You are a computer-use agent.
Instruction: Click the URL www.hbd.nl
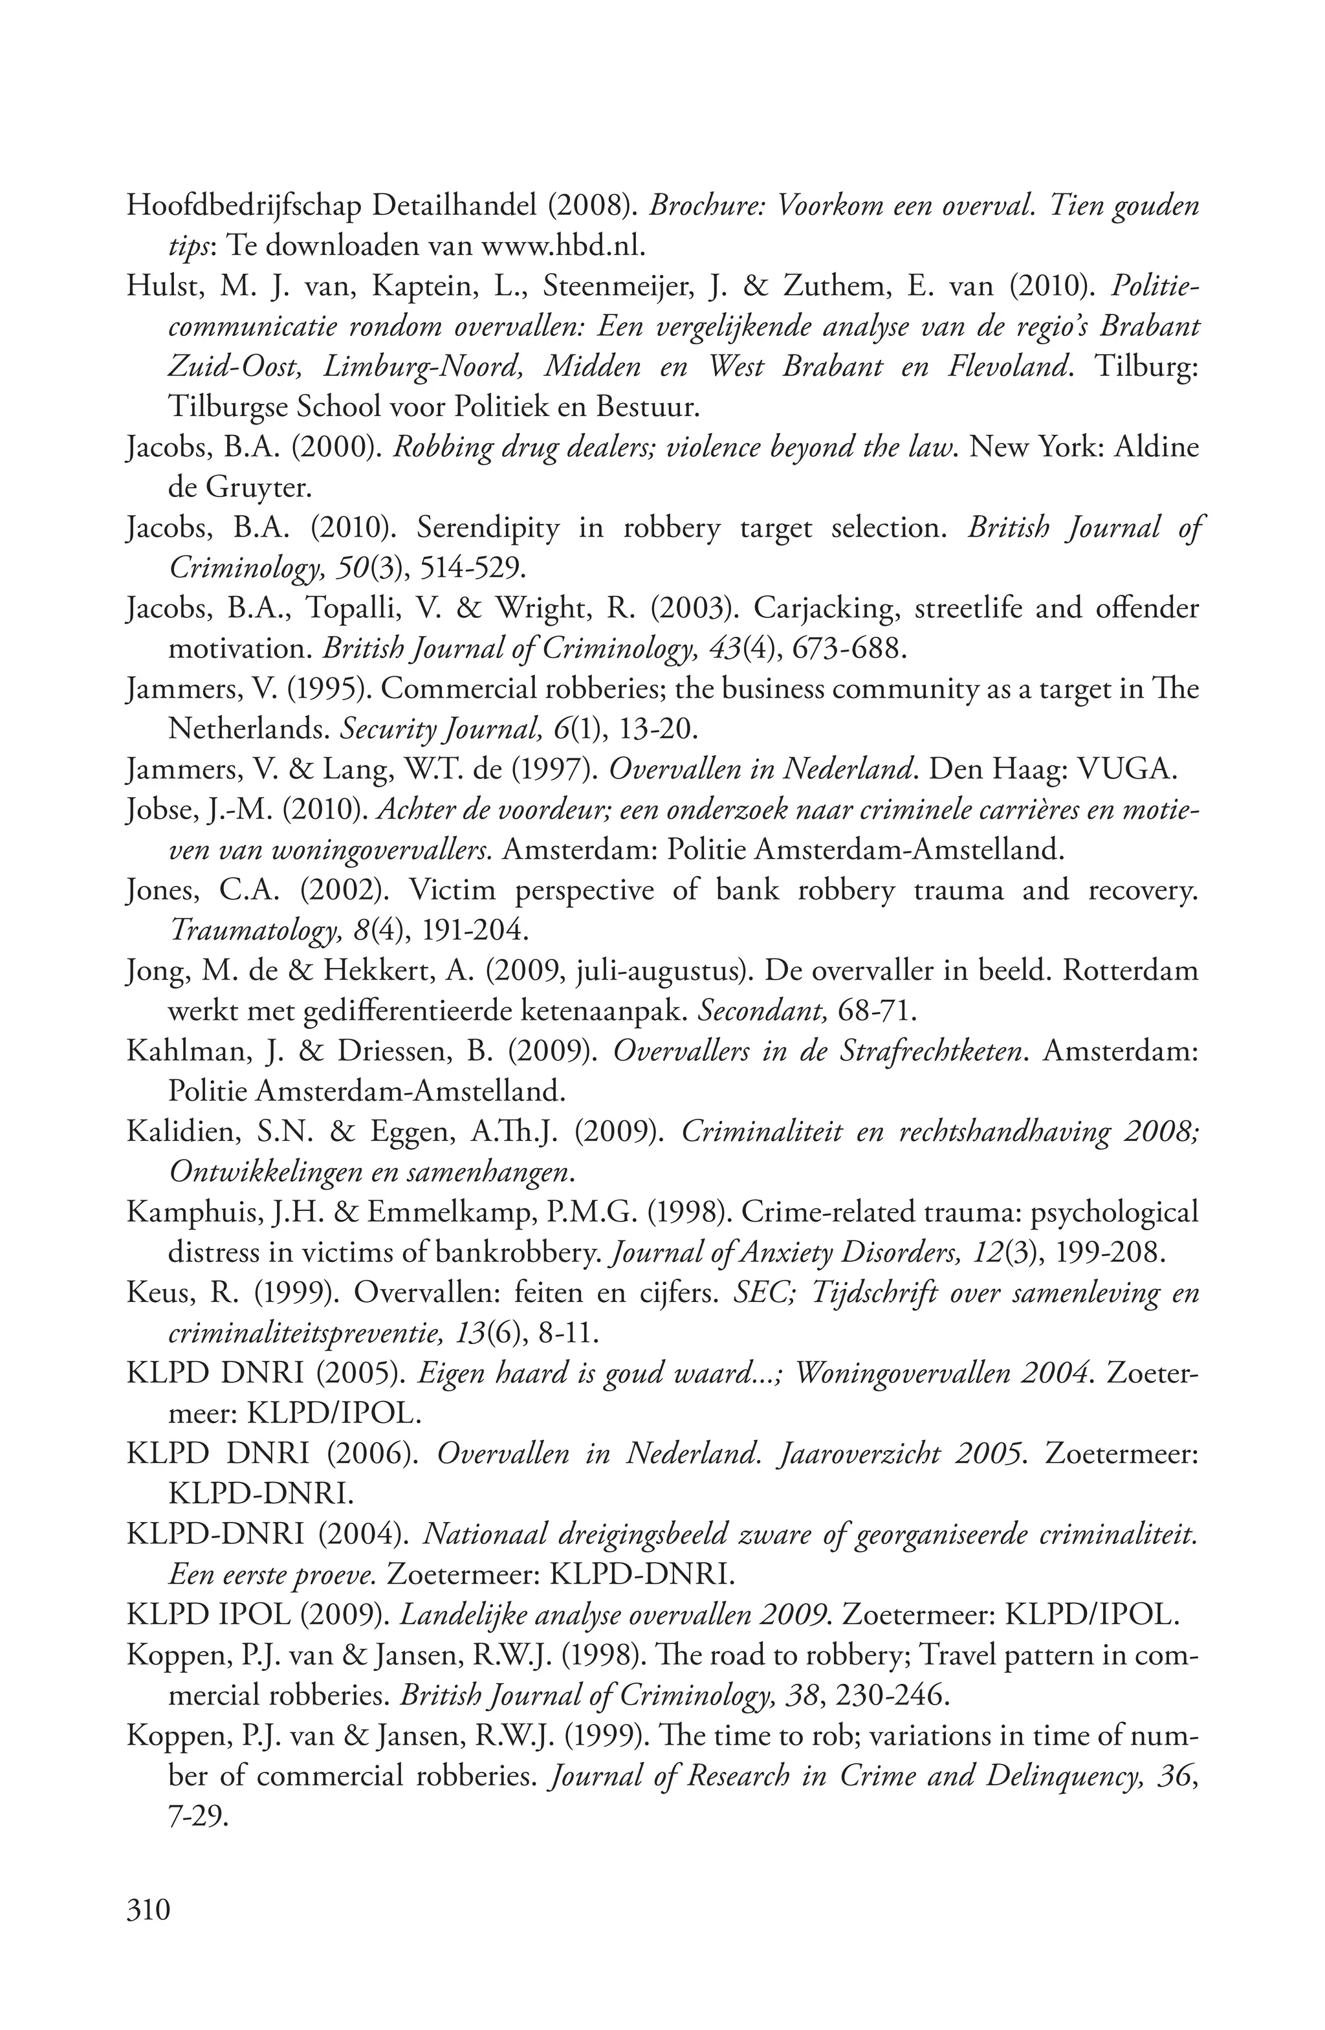pos(561,247)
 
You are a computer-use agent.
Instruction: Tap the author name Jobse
pos(155,810)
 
